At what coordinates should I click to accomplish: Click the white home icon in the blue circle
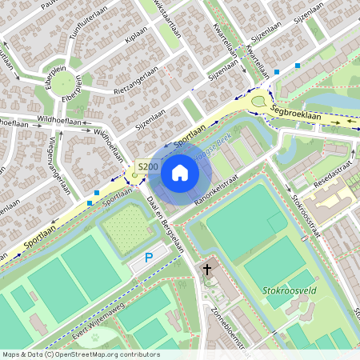pyautogui.click(x=180, y=173)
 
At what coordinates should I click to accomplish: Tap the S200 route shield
pyautogui.click(x=147, y=166)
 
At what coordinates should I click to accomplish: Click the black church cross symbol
pyautogui.click(x=208, y=270)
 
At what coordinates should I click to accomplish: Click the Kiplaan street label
pyautogui.click(x=137, y=39)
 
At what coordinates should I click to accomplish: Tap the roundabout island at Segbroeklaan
pyautogui.click(x=258, y=102)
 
